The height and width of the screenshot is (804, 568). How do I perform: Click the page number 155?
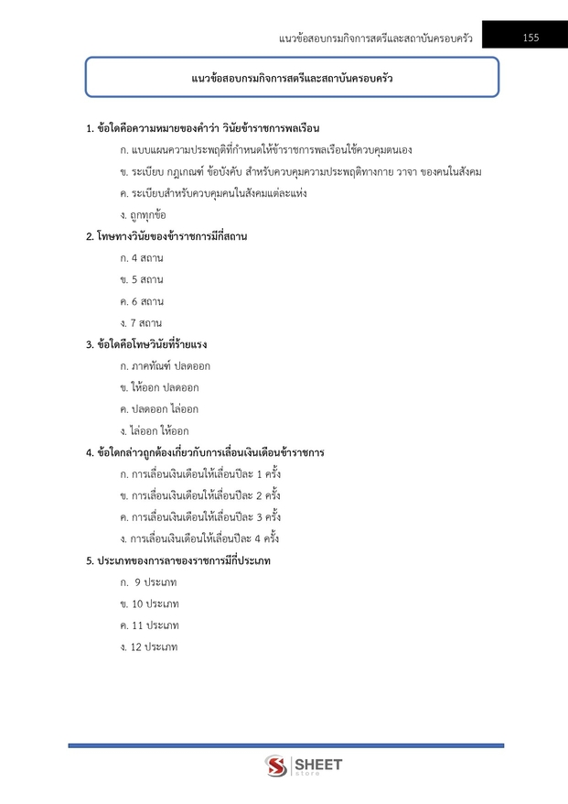[x=530, y=38]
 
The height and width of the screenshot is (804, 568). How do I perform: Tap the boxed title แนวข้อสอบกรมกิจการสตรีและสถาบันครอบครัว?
[x=292, y=78]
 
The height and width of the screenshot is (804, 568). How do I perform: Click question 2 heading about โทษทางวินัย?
[x=166, y=236]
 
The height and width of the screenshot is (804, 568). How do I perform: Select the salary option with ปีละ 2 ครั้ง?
[x=199, y=495]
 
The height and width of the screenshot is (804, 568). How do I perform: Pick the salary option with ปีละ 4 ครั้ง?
[x=199, y=538]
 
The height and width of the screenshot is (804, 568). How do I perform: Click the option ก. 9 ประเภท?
[x=148, y=582]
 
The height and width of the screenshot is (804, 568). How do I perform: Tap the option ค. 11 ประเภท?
[x=148, y=625]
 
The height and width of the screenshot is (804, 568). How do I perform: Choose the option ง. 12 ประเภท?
[x=148, y=647]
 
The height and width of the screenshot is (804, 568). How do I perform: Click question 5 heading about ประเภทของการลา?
[x=177, y=560]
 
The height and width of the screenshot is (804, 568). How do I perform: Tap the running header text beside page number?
[x=376, y=38]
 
